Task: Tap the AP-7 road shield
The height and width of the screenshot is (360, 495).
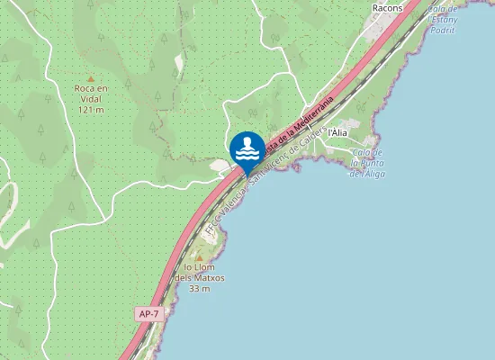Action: click(x=149, y=313)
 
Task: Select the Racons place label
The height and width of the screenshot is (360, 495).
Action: click(x=387, y=8)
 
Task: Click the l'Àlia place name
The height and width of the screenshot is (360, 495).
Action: click(x=337, y=132)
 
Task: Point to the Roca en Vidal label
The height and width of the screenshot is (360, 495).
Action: click(x=91, y=94)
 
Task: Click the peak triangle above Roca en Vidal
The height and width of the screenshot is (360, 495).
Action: click(x=91, y=78)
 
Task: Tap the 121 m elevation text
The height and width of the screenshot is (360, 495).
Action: click(x=91, y=109)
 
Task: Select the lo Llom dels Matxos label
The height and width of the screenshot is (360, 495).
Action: click(x=203, y=273)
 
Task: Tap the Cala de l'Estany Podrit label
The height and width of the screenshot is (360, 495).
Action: click(x=447, y=18)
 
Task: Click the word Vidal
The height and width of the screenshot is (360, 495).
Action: click(x=91, y=99)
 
